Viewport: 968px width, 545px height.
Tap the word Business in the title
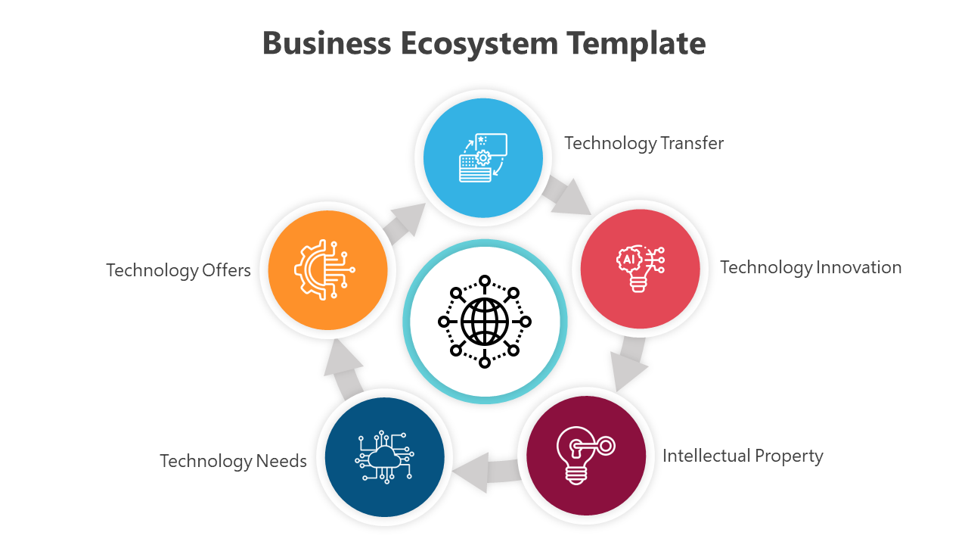[327, 43]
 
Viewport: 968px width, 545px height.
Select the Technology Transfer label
[644, 143]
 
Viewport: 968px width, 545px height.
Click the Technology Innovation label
[810, 267]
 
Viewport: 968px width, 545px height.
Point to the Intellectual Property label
[742, 456]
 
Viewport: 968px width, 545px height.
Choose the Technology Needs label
[233, 461]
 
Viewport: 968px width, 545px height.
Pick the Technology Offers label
[178, 270]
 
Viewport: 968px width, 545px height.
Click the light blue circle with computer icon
[482, 158]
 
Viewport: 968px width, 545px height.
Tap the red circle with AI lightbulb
[640, 269]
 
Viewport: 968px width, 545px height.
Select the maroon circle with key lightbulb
[585, 455]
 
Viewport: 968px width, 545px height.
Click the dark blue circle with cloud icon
[384, 457]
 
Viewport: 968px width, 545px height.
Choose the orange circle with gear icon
[327, 270]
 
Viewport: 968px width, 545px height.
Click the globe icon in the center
[485, 321]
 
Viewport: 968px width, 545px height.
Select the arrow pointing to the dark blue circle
[484, 470]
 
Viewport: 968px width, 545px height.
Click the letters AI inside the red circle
[628, 258]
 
